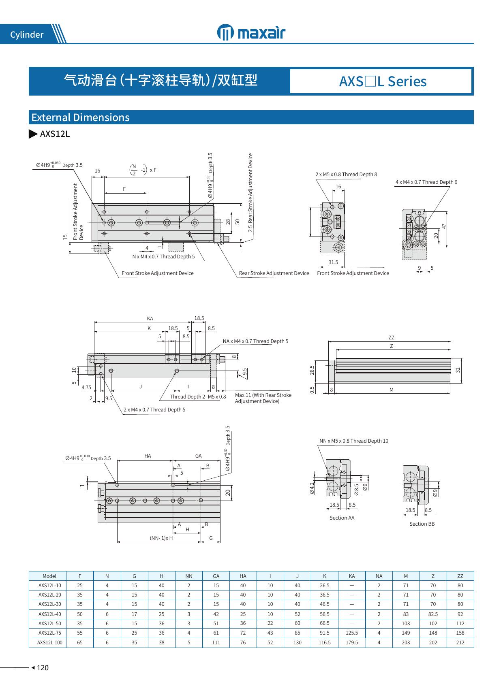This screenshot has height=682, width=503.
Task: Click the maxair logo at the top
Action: (x=251, y=32)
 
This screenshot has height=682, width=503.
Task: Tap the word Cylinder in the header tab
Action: (x=27, y=35)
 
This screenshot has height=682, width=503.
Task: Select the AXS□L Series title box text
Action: (x=383, y=81)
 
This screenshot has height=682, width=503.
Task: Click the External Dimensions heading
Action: (x=80, y=117)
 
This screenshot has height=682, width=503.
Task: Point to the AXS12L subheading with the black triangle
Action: (x=49, y=134)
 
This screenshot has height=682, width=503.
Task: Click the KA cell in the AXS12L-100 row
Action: (x=351, y=642)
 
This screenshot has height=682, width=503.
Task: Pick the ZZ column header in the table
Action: (x=460, y=576)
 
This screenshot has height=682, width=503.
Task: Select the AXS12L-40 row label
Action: (x=50, y=614)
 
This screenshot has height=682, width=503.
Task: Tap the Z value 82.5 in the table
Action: (x=433, y=614)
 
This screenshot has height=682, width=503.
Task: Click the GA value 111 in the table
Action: (x=216, y=642)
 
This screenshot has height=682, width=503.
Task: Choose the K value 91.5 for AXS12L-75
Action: (x=325, y=633)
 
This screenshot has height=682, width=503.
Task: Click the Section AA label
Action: (x=342, y=518)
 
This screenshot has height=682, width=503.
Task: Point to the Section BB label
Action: (x=422, y=524)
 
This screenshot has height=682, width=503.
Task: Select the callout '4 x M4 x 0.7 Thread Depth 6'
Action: (x=426, y=182)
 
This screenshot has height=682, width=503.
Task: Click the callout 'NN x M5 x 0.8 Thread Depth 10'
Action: (x=354, y=441)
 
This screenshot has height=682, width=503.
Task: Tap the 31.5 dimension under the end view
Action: (x=333, y=262)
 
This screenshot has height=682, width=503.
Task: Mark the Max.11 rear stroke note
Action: (x=263, y=398)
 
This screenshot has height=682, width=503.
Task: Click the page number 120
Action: (x=43, y=668)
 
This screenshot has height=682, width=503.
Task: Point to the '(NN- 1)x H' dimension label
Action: (x=161, y=538)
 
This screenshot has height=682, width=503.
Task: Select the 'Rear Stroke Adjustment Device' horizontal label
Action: (x=274, y=273)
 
